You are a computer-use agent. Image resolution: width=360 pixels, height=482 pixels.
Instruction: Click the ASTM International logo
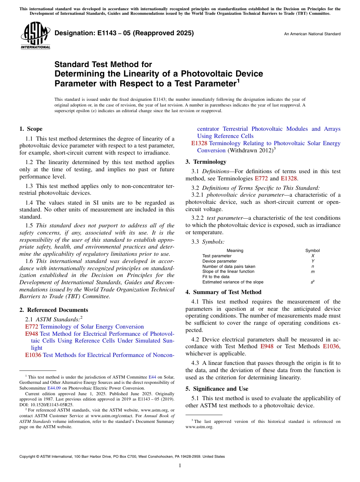(35, 36)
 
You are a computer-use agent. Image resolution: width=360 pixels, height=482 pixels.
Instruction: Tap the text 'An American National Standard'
(312, 34)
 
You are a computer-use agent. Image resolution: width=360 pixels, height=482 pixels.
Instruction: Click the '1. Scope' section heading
(31, 129)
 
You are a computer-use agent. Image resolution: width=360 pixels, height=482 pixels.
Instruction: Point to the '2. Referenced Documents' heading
(53, 310)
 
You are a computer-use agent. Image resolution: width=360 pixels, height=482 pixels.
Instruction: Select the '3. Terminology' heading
(206, 162)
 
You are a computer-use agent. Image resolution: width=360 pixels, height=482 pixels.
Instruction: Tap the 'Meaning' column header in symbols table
(235, 250)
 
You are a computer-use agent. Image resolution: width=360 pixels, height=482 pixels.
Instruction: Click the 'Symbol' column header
(312, 250)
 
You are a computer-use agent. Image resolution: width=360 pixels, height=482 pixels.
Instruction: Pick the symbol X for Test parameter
(312, 256)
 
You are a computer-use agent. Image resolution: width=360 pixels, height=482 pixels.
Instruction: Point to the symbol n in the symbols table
(312, 266)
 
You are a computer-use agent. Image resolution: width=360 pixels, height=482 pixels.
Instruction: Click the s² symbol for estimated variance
(312, 282)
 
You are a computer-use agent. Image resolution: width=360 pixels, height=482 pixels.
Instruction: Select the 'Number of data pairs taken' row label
(229, 266)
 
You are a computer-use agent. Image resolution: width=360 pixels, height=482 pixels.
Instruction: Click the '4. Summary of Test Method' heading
(223, 292)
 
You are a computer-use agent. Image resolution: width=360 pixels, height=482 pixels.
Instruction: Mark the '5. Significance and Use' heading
(217, 389)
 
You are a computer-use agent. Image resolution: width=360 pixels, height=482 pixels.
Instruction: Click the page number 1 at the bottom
(180, 466)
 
